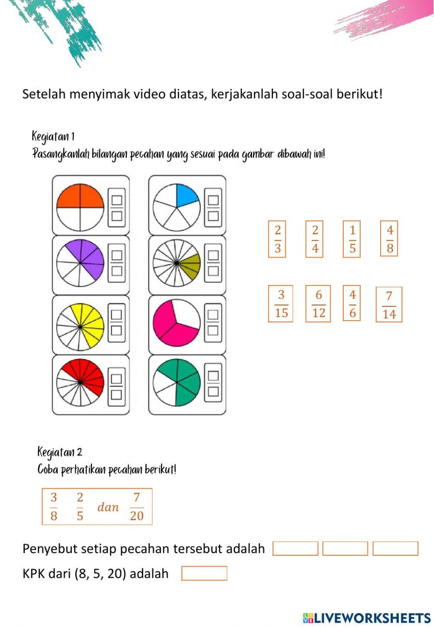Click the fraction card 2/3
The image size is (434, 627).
click(x=277, y=239)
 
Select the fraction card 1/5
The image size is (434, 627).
click(x=352, y=239)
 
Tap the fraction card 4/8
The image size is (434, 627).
click(x=389, y=238)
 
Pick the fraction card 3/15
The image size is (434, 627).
click(x=280, y=303)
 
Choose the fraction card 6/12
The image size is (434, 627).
click(x=318, y=303)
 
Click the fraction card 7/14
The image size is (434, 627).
click(x=389, y=304)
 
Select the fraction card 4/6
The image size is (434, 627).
click(x=352, y=303)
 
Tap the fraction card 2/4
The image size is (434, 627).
click(x=314, y=239)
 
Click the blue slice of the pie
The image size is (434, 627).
click(x=186, y=195)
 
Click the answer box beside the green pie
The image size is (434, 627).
click(x=213, y=383)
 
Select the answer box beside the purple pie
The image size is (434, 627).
click(x=117, y=263)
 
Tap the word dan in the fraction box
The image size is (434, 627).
click(x=108, y=507)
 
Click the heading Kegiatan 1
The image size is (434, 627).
click(x=53, y=136)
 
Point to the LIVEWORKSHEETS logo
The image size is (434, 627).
click(x=367, y=618)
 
